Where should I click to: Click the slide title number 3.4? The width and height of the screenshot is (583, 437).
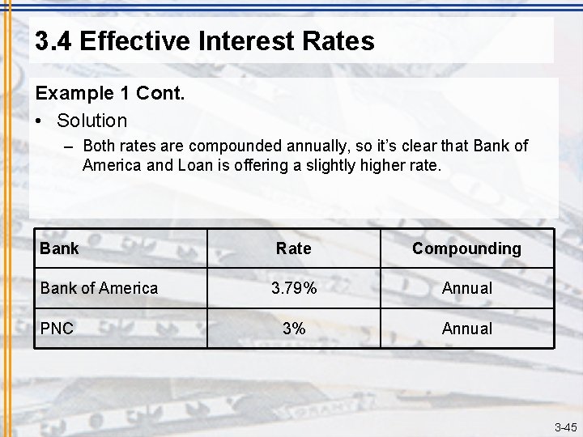(x=54, y=40)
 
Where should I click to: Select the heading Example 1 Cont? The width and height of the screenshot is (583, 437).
(x=110, y=93)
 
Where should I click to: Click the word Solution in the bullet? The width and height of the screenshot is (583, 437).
(x=92, y=121)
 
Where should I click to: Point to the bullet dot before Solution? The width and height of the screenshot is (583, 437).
(x=40, y=121)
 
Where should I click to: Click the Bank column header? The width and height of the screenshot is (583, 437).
(x=59, y=248)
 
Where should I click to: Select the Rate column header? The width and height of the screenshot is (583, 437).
(x=293, y=248)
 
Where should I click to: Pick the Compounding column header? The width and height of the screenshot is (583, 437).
(x=466, y=248)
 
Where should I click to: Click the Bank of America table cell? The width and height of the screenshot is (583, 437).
(x=99, y=288)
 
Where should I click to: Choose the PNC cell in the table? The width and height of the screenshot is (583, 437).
(x=57, y=329)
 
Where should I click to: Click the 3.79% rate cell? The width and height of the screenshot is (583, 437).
(x=293, y=288)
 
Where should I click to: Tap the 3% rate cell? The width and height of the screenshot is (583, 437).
(x=293, y=329)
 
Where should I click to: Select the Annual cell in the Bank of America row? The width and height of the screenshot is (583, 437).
(x=466, y=288)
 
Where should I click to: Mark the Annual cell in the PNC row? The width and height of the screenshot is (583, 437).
(x=466, y=329)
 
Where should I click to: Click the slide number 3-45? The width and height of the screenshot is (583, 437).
(x=565, y=427)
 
